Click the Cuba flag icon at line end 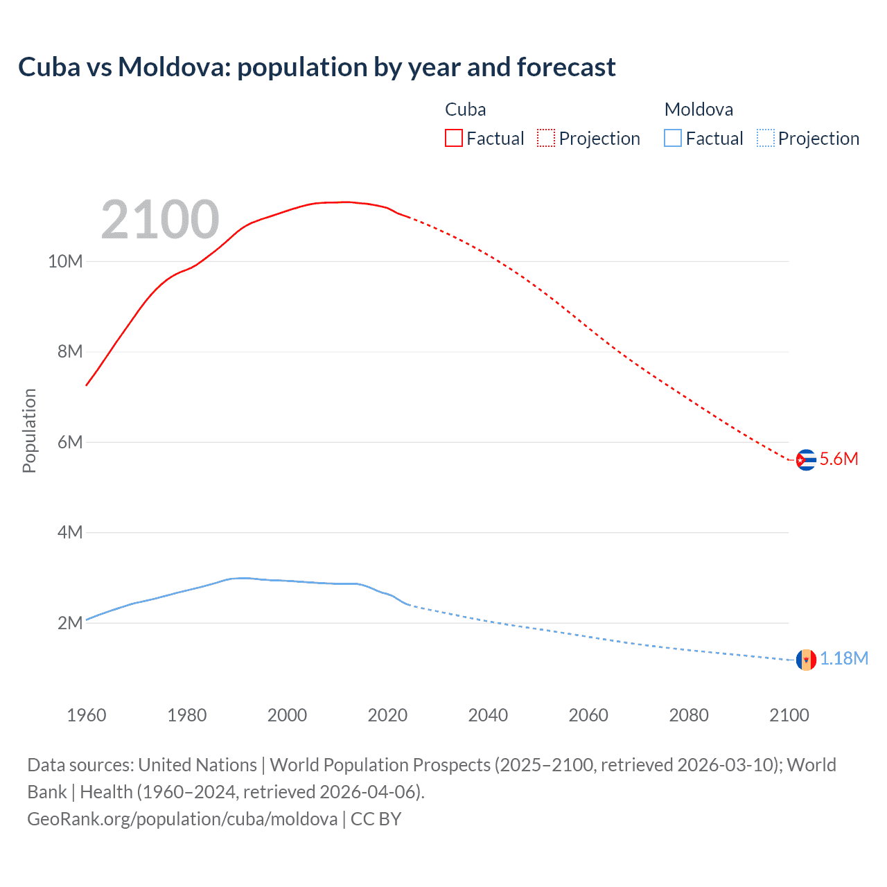(x=805, y=459)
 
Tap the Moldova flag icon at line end (x=805, y=660)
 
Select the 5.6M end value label (x=838, y=459)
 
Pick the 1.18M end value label (x=844, y=659)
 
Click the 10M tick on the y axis (x=65, y=262)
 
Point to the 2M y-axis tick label (x=69, y=623)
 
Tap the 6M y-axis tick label (x=69, y=442)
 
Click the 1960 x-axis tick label (x=87, y=715)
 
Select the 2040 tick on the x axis (x=488, y=715)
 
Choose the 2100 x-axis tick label (x=789, y=715)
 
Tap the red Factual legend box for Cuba (x=453, y=139)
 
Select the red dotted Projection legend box (x=546, y=139)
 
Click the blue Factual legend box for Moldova (x=672, y=139)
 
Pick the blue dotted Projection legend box (x=765, y=139)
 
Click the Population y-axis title (x=29, y=430)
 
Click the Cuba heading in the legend (x=465, y=109)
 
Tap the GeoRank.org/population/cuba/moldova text (x=182, y=819)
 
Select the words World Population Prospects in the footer (x=380, y=765)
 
